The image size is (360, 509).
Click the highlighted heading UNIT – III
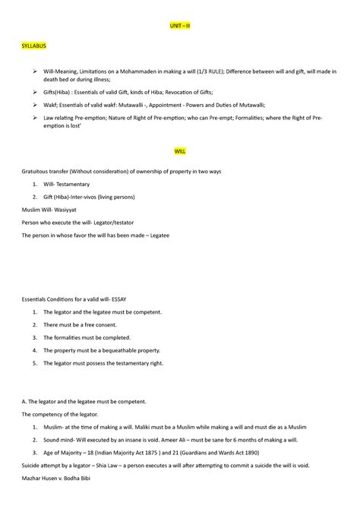[x=180, y=25]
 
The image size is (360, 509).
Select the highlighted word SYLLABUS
[x=34, y=46]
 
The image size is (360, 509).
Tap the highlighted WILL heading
[x=180, y=151]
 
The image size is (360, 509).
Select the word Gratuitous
[x=38, y=172]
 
